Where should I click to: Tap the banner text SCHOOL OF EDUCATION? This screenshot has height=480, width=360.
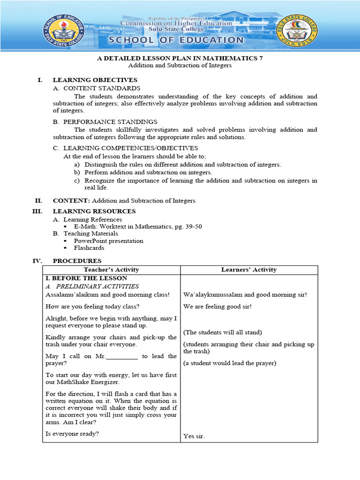coord(181,40)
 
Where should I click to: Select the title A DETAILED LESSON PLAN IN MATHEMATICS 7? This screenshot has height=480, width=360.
coord(180,58)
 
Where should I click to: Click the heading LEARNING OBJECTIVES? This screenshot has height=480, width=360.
coord(95,80)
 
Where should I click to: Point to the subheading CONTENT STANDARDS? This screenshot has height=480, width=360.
coord(101,88)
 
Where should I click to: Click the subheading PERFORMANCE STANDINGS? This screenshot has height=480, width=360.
coord(110,122)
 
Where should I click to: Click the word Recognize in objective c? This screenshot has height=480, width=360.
coord(99,180)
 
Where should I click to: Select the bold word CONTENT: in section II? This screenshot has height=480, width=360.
coord(65,201)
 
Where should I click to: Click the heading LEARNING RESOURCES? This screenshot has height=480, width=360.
coord(94,211)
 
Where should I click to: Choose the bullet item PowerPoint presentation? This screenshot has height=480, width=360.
coord(108,241)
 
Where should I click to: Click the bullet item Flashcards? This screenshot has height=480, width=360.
coord(89,248)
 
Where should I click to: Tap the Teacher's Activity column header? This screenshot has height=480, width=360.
coord(111,270)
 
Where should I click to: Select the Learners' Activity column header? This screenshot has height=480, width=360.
coord(248,270)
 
